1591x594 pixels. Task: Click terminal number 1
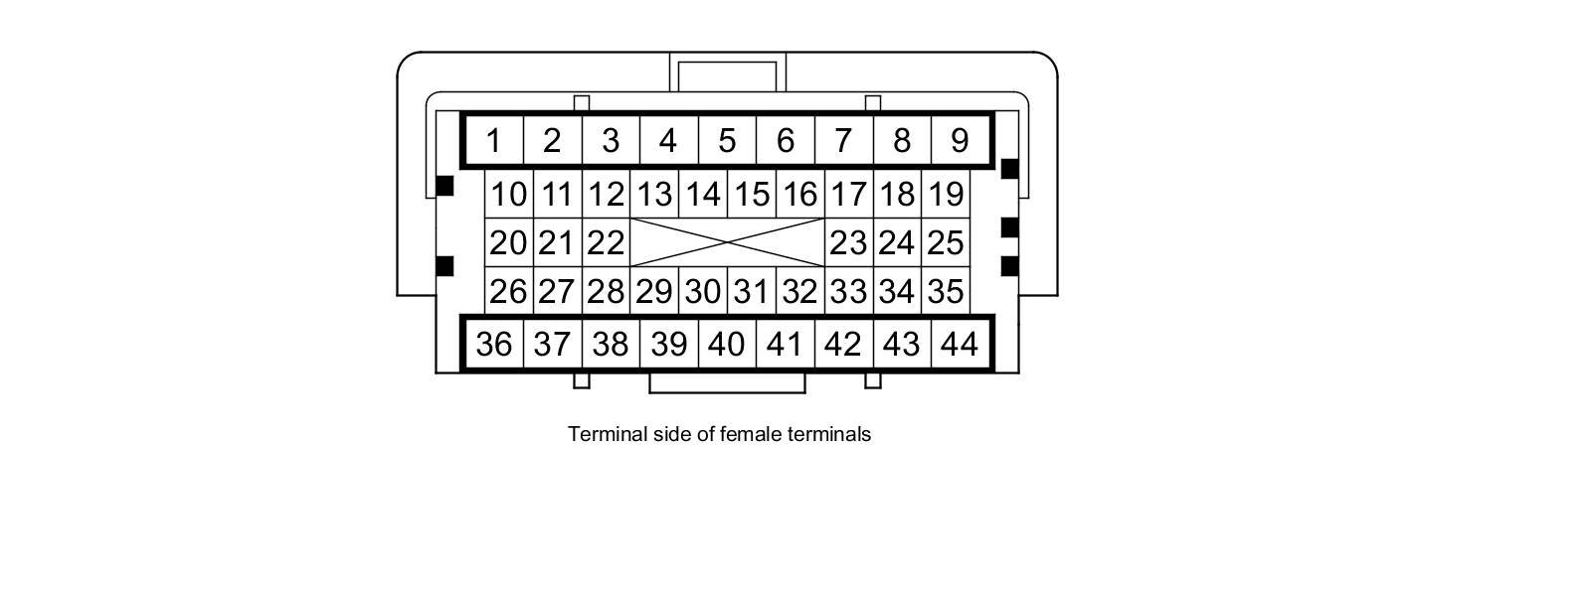point(493,141)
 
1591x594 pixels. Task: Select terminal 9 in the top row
point(960,141)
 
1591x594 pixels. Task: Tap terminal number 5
point(727,141)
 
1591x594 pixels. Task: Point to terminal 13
point(654,194)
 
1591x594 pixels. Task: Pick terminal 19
point(946,194)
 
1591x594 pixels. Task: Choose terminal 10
point(509,194)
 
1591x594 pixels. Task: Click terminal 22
point(606,242)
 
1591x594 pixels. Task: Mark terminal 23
point(848,242)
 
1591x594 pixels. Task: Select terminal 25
point(946,242)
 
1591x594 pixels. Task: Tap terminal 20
point(509,242)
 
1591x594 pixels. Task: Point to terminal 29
point(654,292)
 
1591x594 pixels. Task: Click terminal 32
point(799,292)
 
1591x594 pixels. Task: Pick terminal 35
point(946,292)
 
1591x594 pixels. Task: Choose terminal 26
point(509,292)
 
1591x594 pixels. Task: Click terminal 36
point(493,344)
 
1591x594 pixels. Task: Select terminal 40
point(727,344)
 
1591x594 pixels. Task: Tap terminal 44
point(960,344)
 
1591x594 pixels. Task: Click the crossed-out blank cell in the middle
point(727,242)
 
